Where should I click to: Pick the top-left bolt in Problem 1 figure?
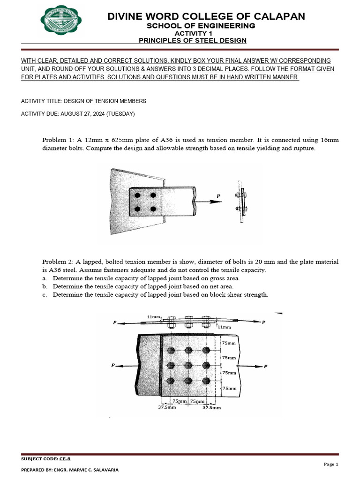click(137, 195)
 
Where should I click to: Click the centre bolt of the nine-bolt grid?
click(188, 365)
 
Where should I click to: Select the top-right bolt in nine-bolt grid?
click(205, 350)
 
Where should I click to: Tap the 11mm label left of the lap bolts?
click(153, 317)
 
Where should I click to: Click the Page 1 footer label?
click(330, 464)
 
